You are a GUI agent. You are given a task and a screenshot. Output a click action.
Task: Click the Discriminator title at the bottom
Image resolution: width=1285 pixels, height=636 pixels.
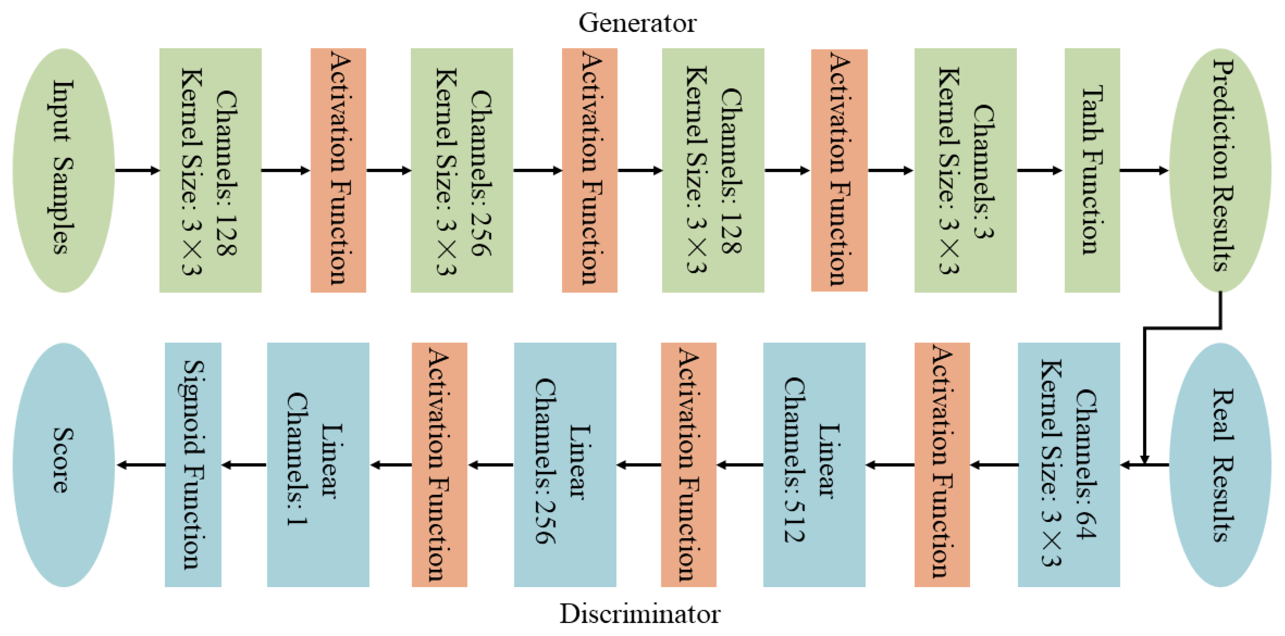click(640, 614)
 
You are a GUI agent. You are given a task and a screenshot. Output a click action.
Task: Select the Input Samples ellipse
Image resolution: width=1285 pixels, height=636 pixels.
click(64, 170)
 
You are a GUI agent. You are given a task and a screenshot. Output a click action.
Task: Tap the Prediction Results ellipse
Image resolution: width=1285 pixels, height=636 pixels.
click(1220, 170)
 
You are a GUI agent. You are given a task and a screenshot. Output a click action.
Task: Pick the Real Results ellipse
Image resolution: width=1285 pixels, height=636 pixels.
click(1220, 465)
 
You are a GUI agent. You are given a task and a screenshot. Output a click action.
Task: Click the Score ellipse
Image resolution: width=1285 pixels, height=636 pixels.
click(64, 465)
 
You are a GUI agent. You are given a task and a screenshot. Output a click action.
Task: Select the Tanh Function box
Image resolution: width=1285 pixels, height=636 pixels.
click(1092, 170)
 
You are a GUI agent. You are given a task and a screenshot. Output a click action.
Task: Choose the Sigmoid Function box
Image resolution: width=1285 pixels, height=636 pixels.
click(193, 465)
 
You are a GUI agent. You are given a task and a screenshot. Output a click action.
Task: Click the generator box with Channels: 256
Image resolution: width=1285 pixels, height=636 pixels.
click(462, 170)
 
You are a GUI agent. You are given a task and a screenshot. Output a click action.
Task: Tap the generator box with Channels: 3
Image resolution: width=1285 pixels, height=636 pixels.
click(965, 170)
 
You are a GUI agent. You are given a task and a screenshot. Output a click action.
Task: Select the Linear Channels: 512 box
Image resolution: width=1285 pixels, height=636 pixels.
click(814, 465)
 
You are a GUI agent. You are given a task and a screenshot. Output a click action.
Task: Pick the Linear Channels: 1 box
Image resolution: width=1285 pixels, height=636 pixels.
click(318, 465)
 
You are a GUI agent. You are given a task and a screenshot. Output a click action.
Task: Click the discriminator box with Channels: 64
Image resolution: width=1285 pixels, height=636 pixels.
click(1068, 465)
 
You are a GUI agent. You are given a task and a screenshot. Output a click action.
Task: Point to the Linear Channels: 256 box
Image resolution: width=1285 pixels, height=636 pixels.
click(565, 465)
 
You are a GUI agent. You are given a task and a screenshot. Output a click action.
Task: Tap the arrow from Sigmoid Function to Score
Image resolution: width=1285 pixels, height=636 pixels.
click(141, 465)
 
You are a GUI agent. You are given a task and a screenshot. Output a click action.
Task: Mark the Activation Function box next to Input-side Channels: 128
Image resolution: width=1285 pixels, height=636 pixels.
click(338, 170)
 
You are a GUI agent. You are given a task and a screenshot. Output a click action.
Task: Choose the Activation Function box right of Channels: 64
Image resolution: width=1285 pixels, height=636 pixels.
click(942, 465)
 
